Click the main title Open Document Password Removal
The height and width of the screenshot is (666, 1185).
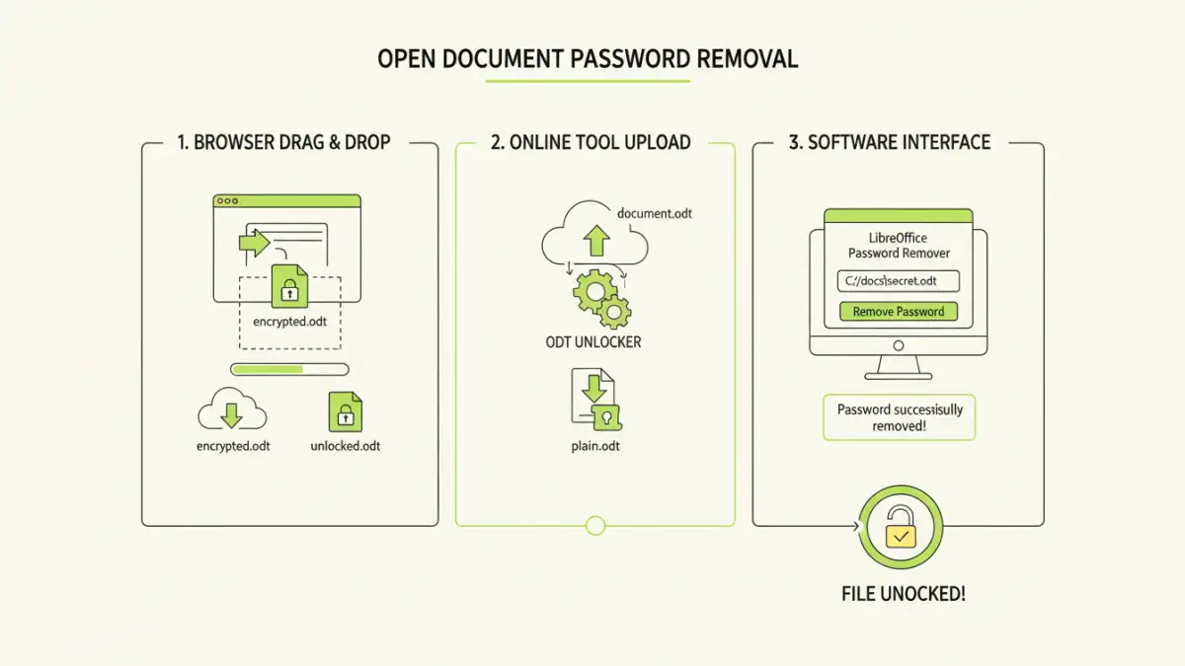tap(588, 58)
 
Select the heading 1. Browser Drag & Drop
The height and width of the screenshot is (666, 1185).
tap(283, 142)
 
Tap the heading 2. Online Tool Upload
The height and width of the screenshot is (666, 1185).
tap(591, 142)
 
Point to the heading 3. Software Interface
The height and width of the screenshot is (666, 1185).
tap(898, 142)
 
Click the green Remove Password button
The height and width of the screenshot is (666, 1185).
tap(898, 312)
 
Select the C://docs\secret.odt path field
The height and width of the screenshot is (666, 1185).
tap(898, 281)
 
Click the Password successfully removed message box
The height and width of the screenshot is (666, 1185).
tap(899, 417)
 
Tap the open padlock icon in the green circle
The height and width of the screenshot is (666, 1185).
tap(899, 529)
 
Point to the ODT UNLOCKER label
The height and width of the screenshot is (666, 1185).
tap(592, 342)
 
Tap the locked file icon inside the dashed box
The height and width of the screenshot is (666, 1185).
tap(289, 285)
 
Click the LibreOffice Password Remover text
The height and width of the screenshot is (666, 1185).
tap(898, 246)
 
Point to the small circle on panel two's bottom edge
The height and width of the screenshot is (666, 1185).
tap(594, 525)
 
